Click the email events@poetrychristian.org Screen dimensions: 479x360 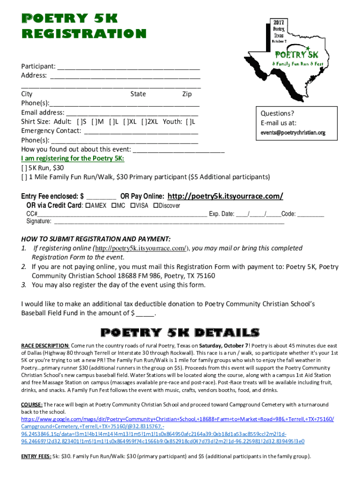click(x=293, y=133)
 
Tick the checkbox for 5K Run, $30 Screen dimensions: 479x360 click(x=24, y=167)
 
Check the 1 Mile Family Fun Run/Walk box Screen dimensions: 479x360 click(x=24, y=177)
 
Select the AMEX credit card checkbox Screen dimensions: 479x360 click(x=87, y=205)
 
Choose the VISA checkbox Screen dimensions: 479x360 click(x=133, y=205)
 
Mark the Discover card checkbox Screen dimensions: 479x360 click(x=156, y=205)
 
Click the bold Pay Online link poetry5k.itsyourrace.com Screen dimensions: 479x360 click(x=225, y=196)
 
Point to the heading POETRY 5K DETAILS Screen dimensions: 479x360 click(x=180, y=333)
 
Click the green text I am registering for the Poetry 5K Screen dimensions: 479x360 click(x=72, y=159)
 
